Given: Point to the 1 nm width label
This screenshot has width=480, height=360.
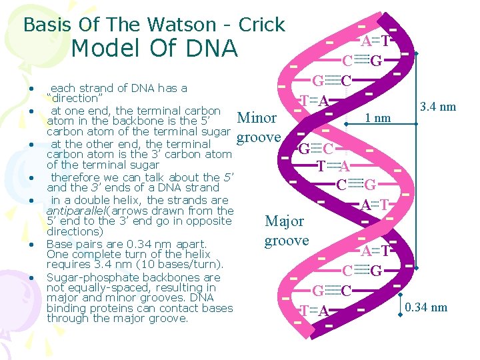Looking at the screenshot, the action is (378, 119).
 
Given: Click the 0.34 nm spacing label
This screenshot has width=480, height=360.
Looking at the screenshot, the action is (426, 307).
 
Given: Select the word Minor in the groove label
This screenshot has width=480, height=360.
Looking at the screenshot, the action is (257, 119).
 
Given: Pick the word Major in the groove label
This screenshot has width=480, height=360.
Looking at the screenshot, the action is (285, 221).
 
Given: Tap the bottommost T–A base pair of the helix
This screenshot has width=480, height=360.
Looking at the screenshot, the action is (313, 311).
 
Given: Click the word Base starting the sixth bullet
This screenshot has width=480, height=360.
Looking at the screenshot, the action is (59, 244).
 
